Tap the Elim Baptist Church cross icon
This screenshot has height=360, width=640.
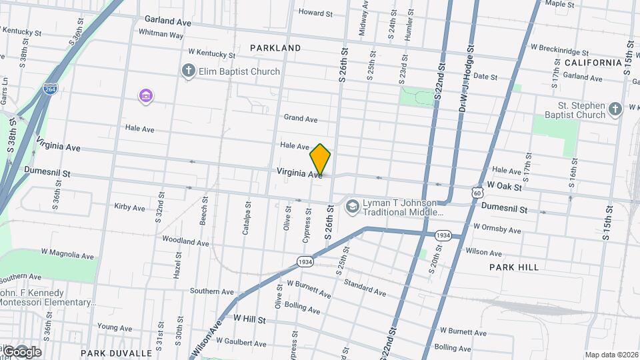tap(189, 71)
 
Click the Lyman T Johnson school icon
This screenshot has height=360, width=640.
tap(351, 207)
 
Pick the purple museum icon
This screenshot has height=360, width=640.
tap(146, 97)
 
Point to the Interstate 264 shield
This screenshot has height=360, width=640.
tap(49, 89)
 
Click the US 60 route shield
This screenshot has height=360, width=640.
tap(476, 192)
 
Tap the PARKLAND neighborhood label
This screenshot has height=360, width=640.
tap(275, 48)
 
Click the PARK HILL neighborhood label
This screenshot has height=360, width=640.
tap(513, 267)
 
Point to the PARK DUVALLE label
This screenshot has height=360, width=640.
tap(117, 353)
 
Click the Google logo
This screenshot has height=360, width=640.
tap(21, 351)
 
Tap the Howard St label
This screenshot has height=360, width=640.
tap(315, 13)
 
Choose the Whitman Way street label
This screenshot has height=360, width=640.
tap(161, 33)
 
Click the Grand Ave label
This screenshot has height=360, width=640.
tap(301, 119)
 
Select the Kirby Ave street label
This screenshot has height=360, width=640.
tap(129, 207)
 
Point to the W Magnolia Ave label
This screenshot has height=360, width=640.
tap(67, 254)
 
